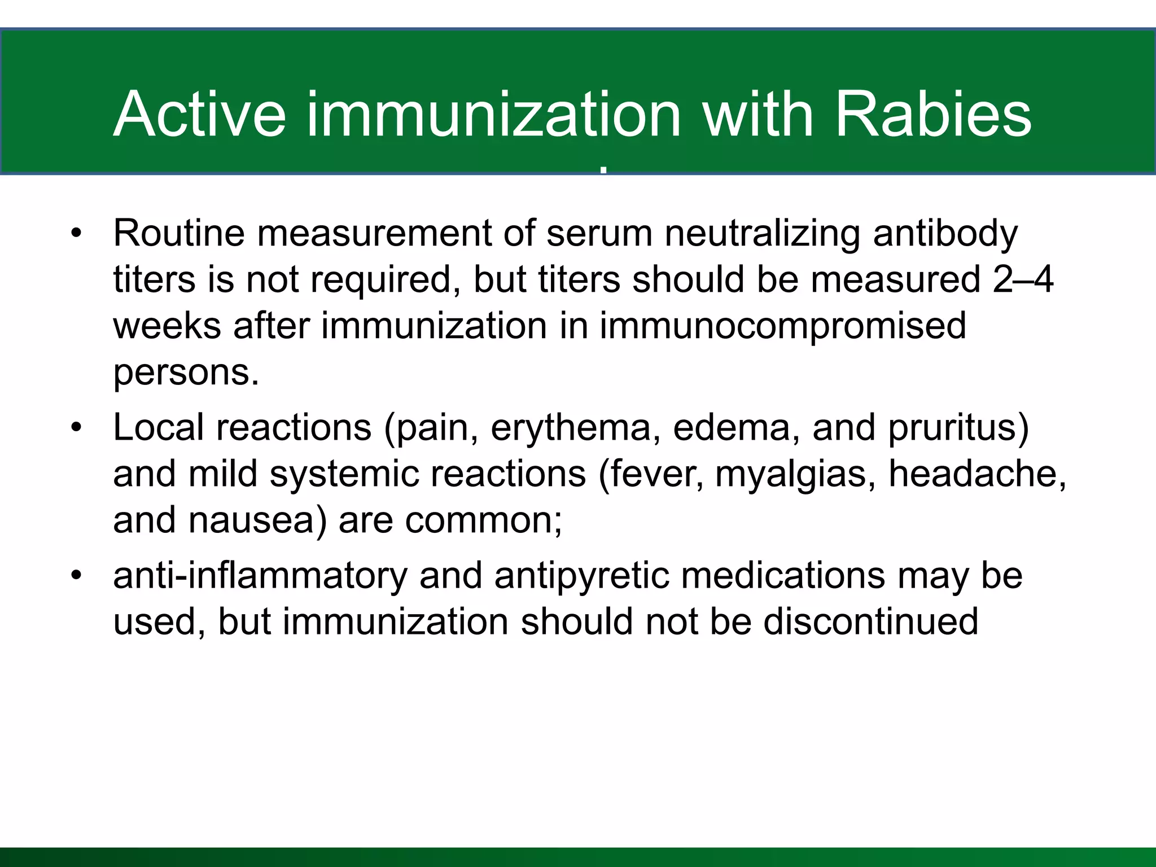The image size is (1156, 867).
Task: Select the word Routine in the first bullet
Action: (179, 233)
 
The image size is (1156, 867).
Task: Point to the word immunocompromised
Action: (782, 326)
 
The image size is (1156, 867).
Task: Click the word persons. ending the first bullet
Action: (186, 373)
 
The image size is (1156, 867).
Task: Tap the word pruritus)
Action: (958, 427)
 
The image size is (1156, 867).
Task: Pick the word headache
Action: (977, 474)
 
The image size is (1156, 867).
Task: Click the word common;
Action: (484, 520)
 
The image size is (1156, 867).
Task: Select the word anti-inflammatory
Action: (260, 576)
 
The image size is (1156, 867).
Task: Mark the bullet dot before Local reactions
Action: (77, 428)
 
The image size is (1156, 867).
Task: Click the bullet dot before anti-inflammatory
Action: (77, 576)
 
